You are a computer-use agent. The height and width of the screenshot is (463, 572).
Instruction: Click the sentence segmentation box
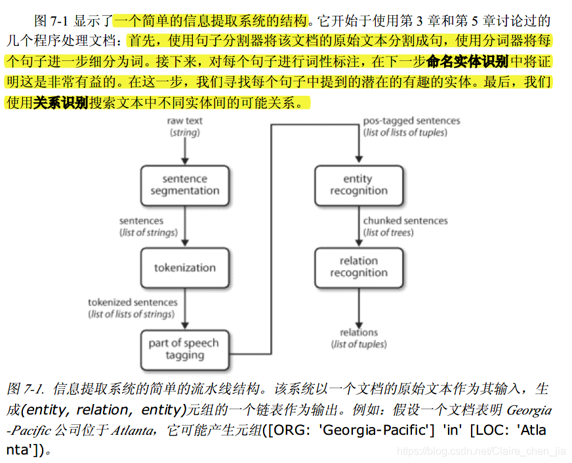(x=184, y=185)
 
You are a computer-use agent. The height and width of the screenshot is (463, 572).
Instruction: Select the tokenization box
(x=184, y=268)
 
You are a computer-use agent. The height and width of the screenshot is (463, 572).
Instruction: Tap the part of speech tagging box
(x=184, y=350)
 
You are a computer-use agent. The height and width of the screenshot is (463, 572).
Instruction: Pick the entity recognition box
(x=358, y=185)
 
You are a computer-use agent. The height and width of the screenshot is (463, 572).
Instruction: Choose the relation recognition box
(x=358, y=267)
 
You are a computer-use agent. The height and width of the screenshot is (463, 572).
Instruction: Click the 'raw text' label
(x=184, y=121)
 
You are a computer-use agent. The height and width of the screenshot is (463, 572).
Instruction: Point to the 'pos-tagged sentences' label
(x=411, y=121)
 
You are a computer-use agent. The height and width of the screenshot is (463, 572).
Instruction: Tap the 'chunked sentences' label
(x=405, y=221)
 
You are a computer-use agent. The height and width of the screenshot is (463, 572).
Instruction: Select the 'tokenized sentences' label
(x=133, y=302)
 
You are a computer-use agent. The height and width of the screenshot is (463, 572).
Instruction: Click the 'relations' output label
(x=359, y=332)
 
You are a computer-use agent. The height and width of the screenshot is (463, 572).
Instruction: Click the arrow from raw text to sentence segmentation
(x=184, y=151)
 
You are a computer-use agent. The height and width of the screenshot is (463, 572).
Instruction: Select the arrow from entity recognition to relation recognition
(x=358, y=226)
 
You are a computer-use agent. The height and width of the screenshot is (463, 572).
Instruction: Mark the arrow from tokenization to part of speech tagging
(x=184, y=308)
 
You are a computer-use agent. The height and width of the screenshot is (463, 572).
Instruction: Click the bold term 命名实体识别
(x=467, y=62)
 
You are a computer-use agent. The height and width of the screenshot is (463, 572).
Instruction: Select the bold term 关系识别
(x=61, y=103)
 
